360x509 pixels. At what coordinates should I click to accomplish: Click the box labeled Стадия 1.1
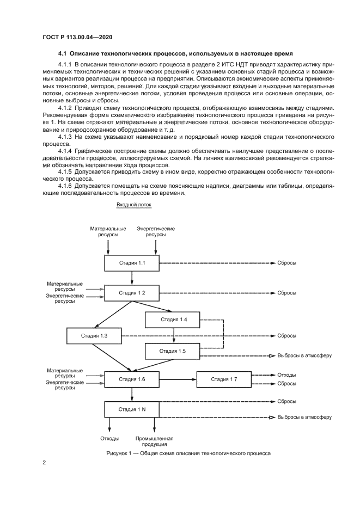click(x=132, y=263)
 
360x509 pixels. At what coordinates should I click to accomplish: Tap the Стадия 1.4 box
click(x=173, y=320)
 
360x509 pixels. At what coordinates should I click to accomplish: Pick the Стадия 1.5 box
click(x=173, y=352)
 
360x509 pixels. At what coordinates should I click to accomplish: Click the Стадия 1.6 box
click(x=132, y=379)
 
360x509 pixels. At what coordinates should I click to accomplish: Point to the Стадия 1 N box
click(x=132, y=409)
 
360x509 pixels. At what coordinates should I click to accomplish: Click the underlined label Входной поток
click(x=133, y=205)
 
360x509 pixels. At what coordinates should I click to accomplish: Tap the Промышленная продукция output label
click(x=154, y=441)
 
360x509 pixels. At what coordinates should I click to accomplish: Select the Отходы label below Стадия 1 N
click(x=109, y=438)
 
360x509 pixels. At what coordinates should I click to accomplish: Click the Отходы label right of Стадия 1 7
click(x=286, y=375)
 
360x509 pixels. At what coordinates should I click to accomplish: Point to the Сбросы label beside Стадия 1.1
click(x=286, y=263)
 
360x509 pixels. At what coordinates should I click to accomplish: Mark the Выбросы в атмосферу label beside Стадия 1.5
click(x=304, y=355)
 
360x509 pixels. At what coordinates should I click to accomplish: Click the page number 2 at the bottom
click(x=45, y=463)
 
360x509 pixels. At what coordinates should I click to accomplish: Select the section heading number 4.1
click(x=62, y=53)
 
